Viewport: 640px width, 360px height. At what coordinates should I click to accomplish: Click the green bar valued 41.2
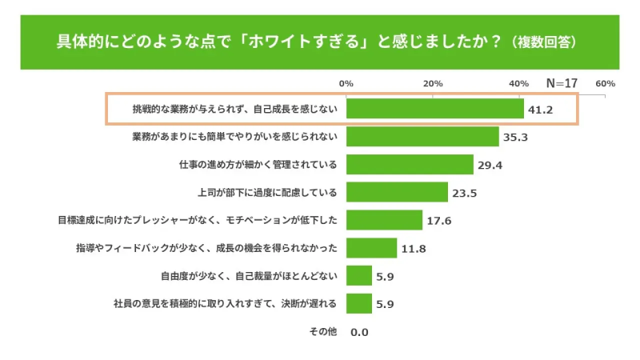(434, 109)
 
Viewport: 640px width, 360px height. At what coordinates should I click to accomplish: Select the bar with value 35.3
(422, 137)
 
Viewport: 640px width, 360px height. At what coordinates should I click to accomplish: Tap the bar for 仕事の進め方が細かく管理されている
(410, 165)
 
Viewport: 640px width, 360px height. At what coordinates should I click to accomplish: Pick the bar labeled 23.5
(397, 192)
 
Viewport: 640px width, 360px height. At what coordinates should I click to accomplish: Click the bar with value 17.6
(384, 220)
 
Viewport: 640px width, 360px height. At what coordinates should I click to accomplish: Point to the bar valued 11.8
(371, 248)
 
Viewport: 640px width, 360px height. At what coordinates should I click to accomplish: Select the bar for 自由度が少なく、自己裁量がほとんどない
(359, 276)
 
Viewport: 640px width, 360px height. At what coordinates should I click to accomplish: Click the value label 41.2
(541, 110)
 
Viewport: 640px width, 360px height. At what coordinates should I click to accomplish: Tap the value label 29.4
(490, 166)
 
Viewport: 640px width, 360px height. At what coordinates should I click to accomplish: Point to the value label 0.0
(359, 332)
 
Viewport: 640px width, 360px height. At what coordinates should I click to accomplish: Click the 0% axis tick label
(346, 83)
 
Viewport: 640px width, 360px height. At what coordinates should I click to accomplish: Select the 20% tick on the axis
(433, 83)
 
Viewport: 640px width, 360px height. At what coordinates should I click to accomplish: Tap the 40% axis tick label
(518, 83)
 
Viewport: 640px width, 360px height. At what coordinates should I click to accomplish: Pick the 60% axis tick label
(605, 83)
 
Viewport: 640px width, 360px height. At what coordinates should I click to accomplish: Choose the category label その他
(323, 331)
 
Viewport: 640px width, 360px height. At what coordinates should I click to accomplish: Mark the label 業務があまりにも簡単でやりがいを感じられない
(234, 137)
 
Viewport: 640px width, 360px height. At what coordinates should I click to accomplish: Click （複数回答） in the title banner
(545, 41)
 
